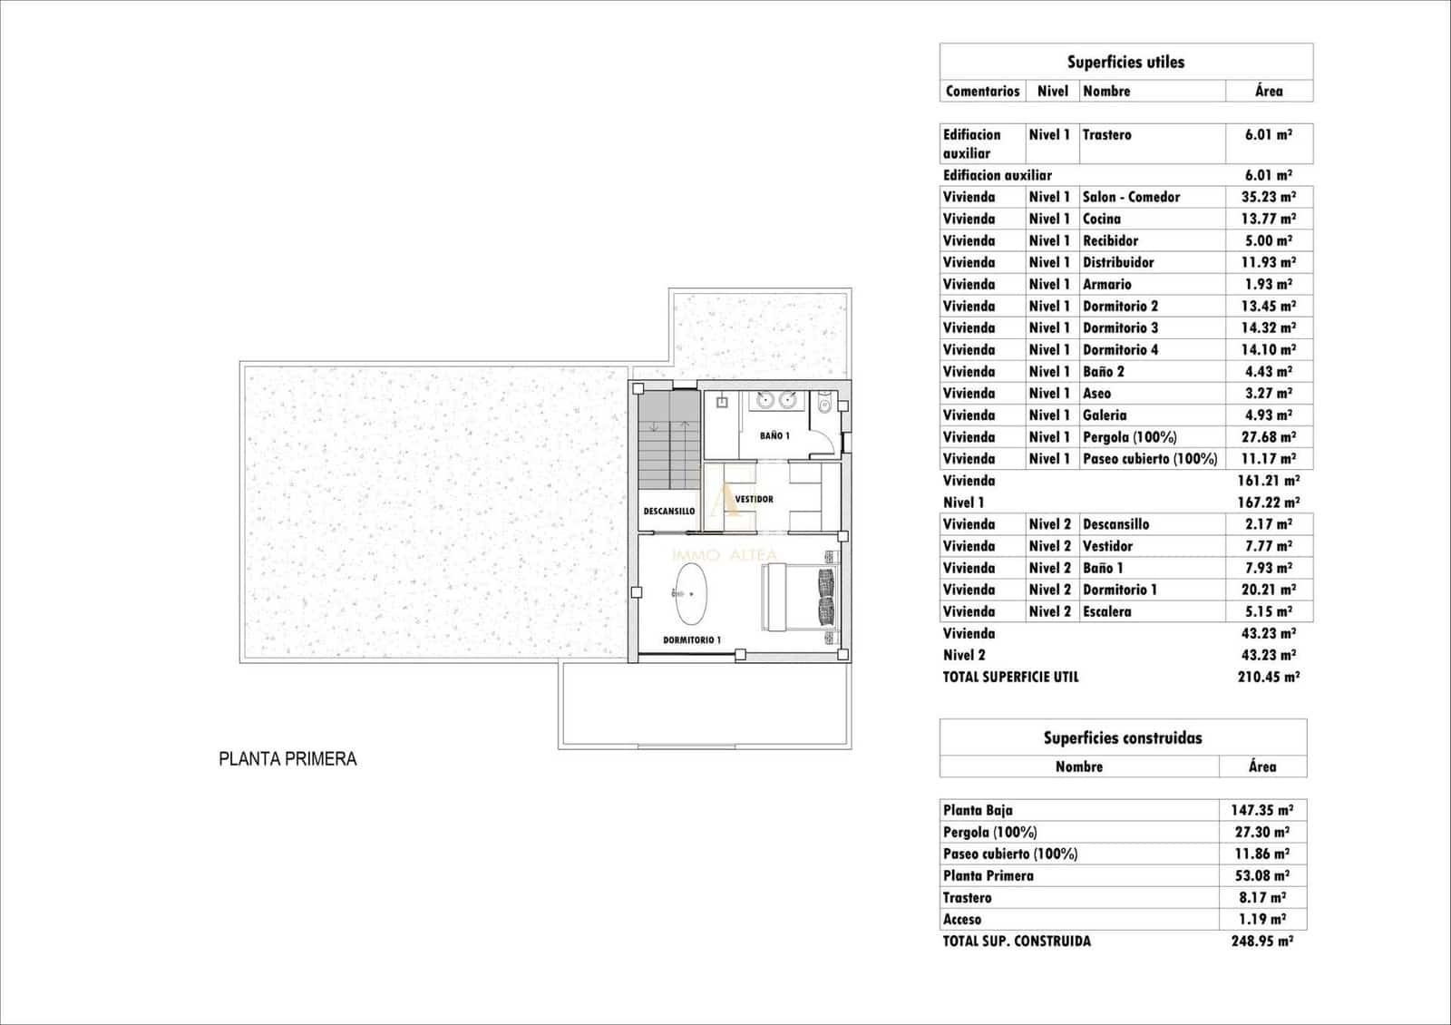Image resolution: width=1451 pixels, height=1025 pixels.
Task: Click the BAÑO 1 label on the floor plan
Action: [x=774, y=435]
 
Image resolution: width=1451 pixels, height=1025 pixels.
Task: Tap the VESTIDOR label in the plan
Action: [x=754, y=499]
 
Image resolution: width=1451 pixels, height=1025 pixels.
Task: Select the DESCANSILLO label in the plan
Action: [x=669, y=512]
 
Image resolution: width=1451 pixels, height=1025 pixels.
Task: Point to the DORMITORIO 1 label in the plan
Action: [x=692, y=639]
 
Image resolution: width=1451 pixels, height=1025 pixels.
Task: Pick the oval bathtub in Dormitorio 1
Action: [x=691, y=593]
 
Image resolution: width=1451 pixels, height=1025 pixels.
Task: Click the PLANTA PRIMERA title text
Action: [x=287, y=759]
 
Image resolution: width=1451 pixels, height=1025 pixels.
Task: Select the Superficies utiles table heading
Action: [x=1125, y=62]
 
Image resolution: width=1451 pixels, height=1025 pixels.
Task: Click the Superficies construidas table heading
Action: [x=1123, y=737]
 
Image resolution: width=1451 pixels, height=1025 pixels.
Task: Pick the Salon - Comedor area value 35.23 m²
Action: [x=1268, y=197]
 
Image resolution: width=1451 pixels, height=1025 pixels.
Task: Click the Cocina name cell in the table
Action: [x=1102, y=219]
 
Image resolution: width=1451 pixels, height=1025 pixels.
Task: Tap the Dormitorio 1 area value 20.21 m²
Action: [x=1268, y=590]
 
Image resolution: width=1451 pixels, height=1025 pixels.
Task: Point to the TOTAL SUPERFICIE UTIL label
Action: [x=1010, y=677]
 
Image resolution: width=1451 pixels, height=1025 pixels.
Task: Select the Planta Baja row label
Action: [x=978, y=810]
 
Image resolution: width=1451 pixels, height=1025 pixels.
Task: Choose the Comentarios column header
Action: [x=982, y=91]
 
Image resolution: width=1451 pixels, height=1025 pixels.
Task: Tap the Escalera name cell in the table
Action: [x=1107, y=611]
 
